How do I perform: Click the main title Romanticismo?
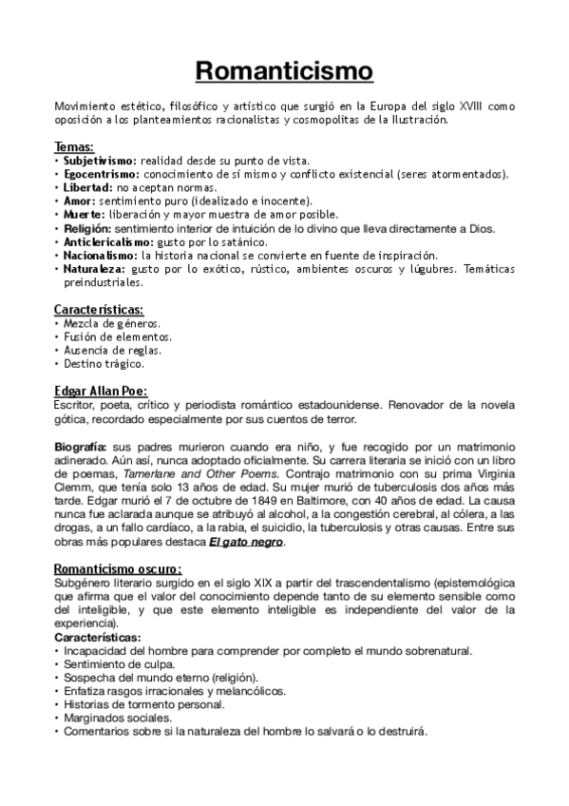coord(284,71)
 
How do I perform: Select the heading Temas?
coord(74,146)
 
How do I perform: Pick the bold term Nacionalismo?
coord(100,256)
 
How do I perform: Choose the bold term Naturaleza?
coord(94,270)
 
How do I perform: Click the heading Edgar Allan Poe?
coord(101,391)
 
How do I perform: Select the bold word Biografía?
coord(81,446)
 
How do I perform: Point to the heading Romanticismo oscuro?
coord(118,569)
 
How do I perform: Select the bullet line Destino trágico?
coord(104,363)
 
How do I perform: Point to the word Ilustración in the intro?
coord(413,120)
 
